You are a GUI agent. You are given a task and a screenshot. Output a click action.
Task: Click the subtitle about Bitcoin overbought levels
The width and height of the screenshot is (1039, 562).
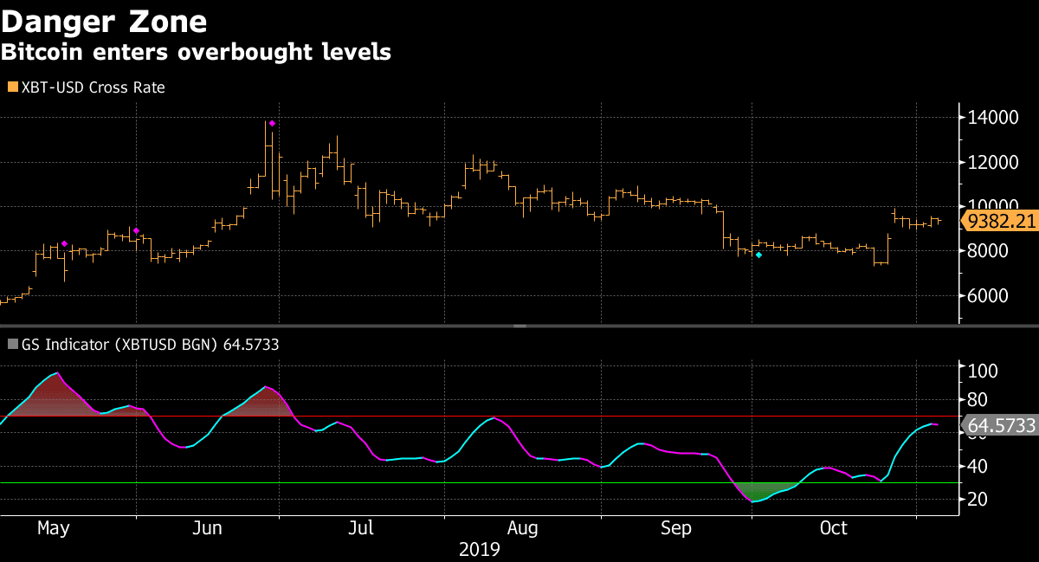pos(196,52)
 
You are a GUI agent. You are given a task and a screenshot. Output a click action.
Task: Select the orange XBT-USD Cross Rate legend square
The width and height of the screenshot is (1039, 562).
pos(12,87)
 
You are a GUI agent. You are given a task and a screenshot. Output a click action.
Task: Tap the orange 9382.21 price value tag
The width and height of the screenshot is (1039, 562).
pos(1002,222)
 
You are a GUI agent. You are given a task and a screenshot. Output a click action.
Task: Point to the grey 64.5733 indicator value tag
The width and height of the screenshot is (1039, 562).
pos(1001,426)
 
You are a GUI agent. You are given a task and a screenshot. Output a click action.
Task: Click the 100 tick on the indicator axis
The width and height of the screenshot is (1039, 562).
pos(983,371)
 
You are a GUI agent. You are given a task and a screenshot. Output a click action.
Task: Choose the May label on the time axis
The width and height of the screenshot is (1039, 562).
pos(53,528)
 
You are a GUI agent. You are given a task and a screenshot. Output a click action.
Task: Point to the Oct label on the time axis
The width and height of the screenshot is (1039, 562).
pos(833,528)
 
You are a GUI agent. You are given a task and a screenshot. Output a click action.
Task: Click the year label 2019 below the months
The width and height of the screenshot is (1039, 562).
pos(480,549)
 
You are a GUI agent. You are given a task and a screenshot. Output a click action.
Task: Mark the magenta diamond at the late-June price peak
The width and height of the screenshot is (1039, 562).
pos(272,124)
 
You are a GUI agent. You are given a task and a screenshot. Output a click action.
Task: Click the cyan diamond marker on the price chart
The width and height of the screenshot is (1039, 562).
pos(758,255)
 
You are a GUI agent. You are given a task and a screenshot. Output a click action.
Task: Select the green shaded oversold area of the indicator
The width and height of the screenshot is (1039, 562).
pos(763,490)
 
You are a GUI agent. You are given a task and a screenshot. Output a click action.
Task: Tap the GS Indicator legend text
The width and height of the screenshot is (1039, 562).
pos(144,345)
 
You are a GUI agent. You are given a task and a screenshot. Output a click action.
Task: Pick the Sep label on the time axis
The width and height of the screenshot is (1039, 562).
pos(676,528)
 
